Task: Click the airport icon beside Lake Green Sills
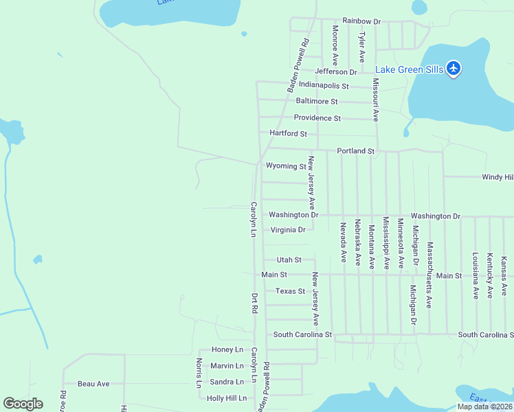pyautogui.click(x=453, y=69)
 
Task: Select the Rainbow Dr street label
pyautogui.click(x=361, y=22)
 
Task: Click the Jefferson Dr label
pyautogui.click(x=336, y=71)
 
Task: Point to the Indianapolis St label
pyautogui.click(x=324, y=86)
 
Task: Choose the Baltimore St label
pyautogui.click(x=317, y=101)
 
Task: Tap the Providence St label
pyautogui.click(x=317, y=118)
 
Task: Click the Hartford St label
pyautogui.click(x=288, y=133)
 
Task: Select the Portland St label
pyautogui.click(x=355, y=151)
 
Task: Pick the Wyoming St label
pyautogui.click(x=286, y=166)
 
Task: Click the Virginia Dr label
pyautogui.click(x=288, y=230)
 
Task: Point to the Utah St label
pyautogui.click(x=289, y=260)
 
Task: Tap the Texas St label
pyautogui.click(x=290, y=291)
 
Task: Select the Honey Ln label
pyautogui.click(x=227, y=350)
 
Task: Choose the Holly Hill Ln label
pyautogui.click(x=225, y=398)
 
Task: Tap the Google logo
pyautogui.click(x=23, y=404)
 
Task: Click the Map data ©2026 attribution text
pyautogui.click(x=484, y=407)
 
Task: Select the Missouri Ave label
pyautogui.click(x=376, y=100)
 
